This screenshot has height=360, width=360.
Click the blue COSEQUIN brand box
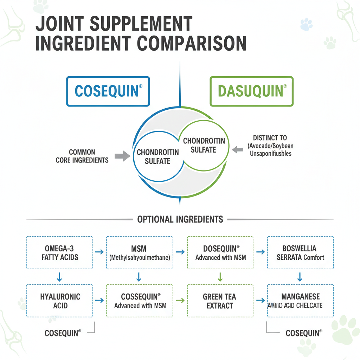(x=108, y=91)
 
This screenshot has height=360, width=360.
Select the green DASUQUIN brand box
(x=251, y=91)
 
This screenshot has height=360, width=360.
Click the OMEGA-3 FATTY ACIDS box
(x=59, y=252)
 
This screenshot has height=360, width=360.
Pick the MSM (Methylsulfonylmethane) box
(x=140, y=252)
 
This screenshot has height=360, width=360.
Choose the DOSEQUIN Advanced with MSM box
(x=220, y=252)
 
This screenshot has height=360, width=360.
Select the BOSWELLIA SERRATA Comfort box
(x=300, y=252)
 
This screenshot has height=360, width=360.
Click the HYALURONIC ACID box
(x=59, y=301)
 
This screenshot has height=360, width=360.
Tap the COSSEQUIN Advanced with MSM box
(x=140, y=301)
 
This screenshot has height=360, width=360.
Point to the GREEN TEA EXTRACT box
(x=220, y=301)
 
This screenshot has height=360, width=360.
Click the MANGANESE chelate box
(x=300, y=301)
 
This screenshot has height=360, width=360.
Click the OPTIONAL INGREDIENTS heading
(x=180, y=219)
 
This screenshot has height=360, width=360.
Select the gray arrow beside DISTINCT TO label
(x=238, y=150)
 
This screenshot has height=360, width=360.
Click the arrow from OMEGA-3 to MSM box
(x=99, y=252)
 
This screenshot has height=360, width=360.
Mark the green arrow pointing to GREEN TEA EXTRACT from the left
(x=180, y=301)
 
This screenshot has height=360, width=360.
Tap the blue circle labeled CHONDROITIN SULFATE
(x=158, y=157)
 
